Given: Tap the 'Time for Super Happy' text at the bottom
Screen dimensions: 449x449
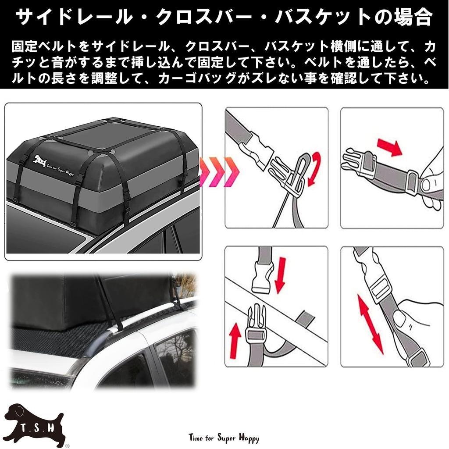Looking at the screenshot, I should click(224, 438).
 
